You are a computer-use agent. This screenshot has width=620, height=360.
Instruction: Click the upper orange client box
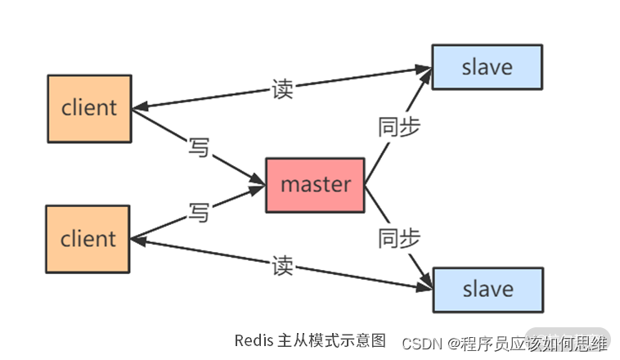pos(89,108)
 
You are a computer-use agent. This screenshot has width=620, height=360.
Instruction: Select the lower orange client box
pos(88,239)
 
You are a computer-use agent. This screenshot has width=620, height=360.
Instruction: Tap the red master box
pos(315,185)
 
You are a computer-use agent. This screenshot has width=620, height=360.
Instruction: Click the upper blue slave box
pos(487,67)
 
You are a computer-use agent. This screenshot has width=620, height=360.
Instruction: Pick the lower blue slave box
pos(487,289)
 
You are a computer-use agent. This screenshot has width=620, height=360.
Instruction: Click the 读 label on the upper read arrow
pos(282,89)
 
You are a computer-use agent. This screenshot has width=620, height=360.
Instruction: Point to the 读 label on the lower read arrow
pos(282,266)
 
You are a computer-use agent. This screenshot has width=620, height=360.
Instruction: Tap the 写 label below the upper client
pos(199,148)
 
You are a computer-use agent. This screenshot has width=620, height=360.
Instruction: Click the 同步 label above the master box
pos(399,127)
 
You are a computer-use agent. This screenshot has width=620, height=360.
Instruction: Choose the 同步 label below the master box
pos(399,238)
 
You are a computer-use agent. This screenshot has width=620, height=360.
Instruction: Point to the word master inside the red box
pos(315,185)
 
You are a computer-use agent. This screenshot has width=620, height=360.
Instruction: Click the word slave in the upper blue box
pos(487,67)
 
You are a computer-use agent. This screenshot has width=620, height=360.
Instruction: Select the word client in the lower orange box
pos(88,239)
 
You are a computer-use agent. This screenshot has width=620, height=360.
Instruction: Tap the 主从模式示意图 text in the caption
pos(331,340)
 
